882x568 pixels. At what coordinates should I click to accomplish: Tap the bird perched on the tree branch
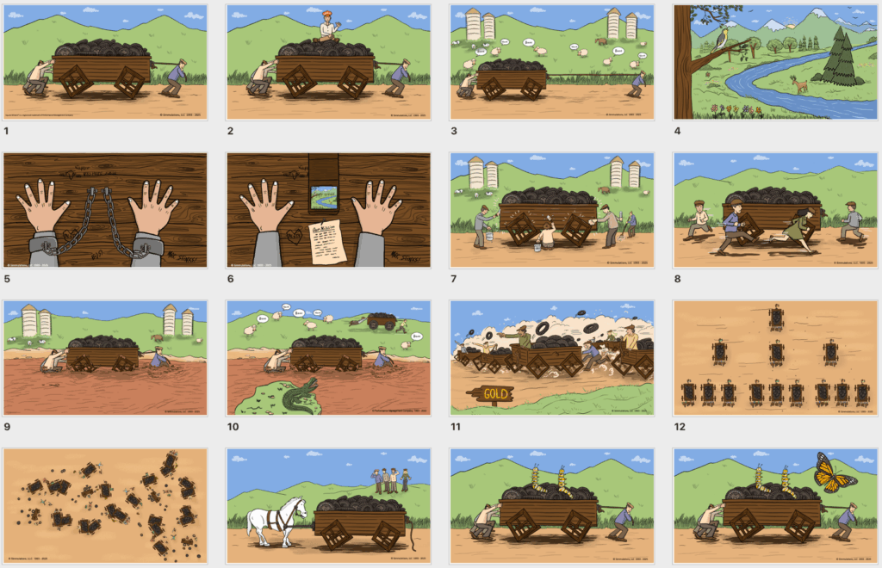point(722,35)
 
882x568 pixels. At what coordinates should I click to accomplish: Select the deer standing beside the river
point(801,84)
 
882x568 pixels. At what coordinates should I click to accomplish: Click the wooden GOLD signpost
point(491,394)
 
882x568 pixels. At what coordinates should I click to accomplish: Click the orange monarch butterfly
point(833,473)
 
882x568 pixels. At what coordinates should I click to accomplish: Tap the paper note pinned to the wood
point(327,240)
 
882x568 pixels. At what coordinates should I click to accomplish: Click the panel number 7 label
point(454,279)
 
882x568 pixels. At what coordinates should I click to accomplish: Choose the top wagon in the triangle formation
point(776,317)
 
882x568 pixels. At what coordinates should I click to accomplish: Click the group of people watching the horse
point(391,478)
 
